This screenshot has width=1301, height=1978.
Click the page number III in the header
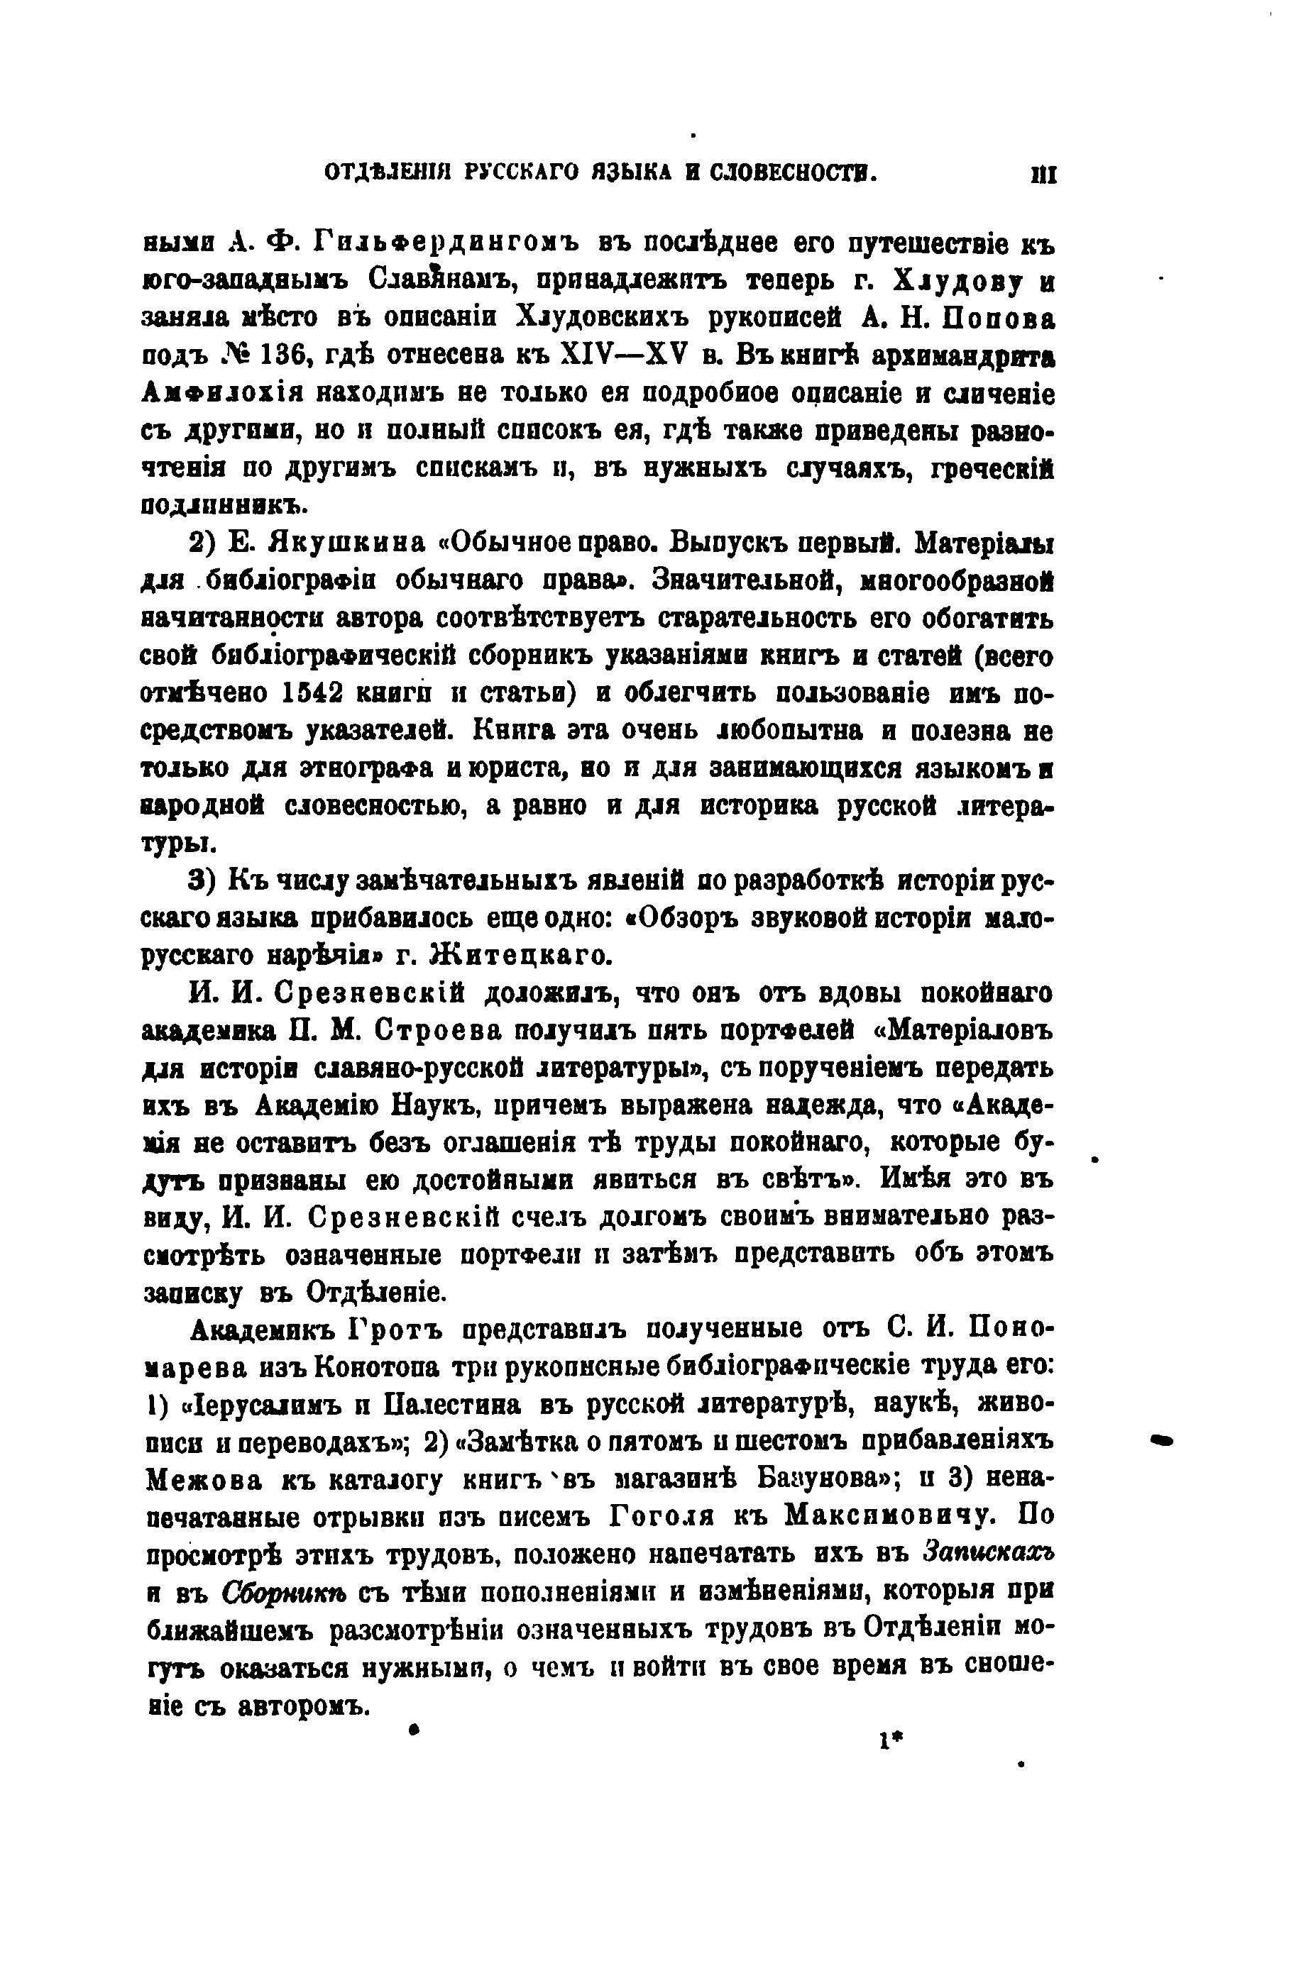(1043, 175)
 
